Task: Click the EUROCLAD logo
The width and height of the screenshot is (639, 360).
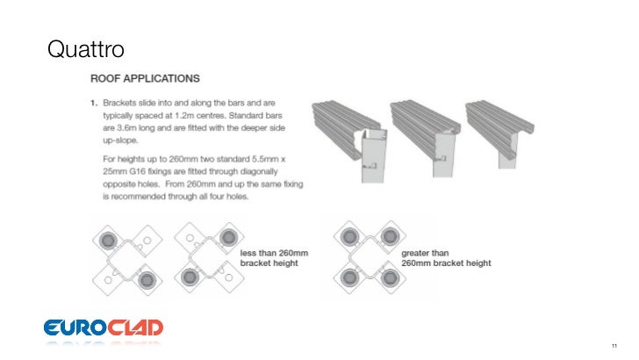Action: pos(104,328)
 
